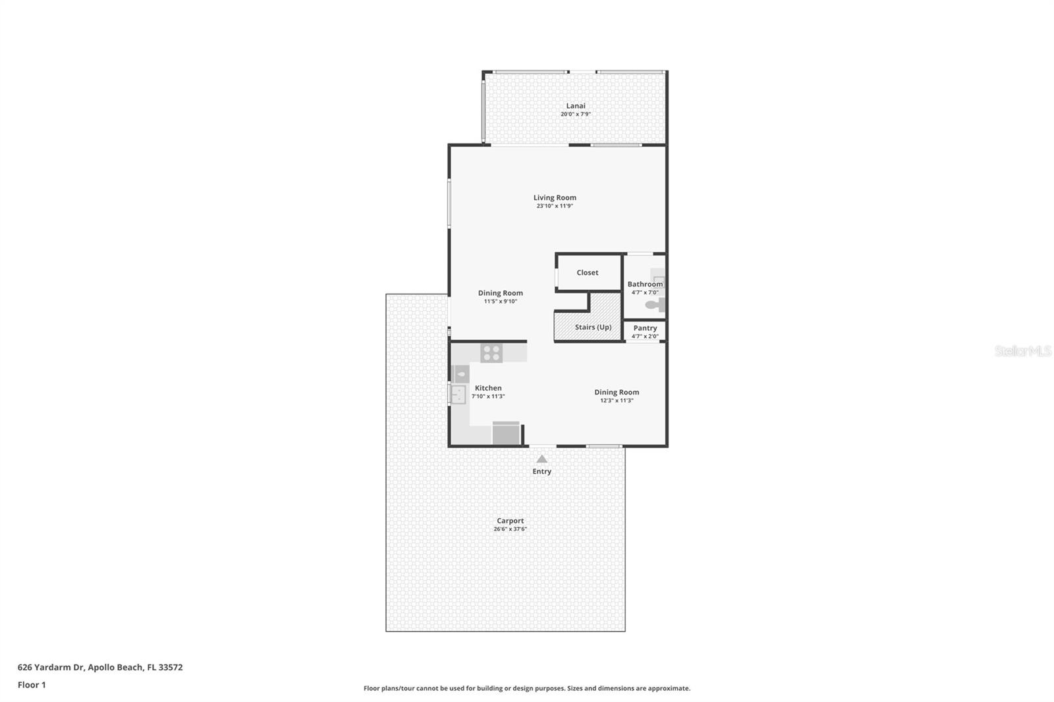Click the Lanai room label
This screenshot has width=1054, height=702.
pos(576,106)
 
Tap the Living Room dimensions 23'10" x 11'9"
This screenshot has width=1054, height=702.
pos(555,206)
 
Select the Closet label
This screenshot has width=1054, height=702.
pos(587,273)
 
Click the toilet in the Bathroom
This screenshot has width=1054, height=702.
pos(655,305)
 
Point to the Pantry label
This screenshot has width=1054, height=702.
pos(645,328)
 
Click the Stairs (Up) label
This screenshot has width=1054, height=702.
pos(593,327)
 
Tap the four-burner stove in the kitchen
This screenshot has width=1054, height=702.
pos(491,353)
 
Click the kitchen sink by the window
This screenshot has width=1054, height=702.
pos(458,394)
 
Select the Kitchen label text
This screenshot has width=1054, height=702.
pos(488,388)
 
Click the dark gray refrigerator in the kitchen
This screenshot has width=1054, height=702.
pos(506,433)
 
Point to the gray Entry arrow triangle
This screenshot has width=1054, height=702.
pos(542,459)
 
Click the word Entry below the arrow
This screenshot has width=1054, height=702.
pos(542,472)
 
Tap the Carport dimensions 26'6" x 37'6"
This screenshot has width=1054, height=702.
pos(510,529)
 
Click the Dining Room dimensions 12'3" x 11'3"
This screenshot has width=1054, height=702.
pos(617,400)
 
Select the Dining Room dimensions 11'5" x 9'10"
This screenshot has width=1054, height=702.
pos(501,301)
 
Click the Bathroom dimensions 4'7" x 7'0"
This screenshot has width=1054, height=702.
pos(645,292)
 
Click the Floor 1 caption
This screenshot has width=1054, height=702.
pos(32,685)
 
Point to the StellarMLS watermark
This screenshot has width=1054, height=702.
pos(1023,351)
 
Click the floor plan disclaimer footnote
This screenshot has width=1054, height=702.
pos(527,688)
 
